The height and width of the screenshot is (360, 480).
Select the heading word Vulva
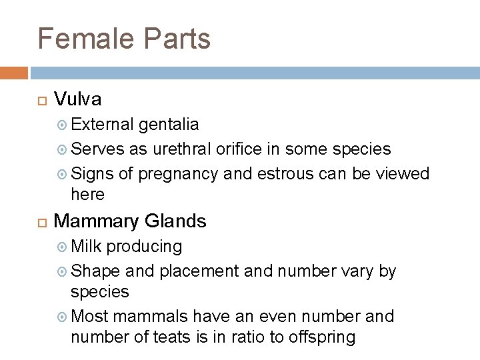coord(77,100)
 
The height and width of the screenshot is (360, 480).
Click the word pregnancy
coord(178,174)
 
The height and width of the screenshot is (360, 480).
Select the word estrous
coord(282,173)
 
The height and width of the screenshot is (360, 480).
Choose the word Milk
coord(86,247)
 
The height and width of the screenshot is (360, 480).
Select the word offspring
coord(323,337)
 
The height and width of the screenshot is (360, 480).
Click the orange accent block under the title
coord(13,71)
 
